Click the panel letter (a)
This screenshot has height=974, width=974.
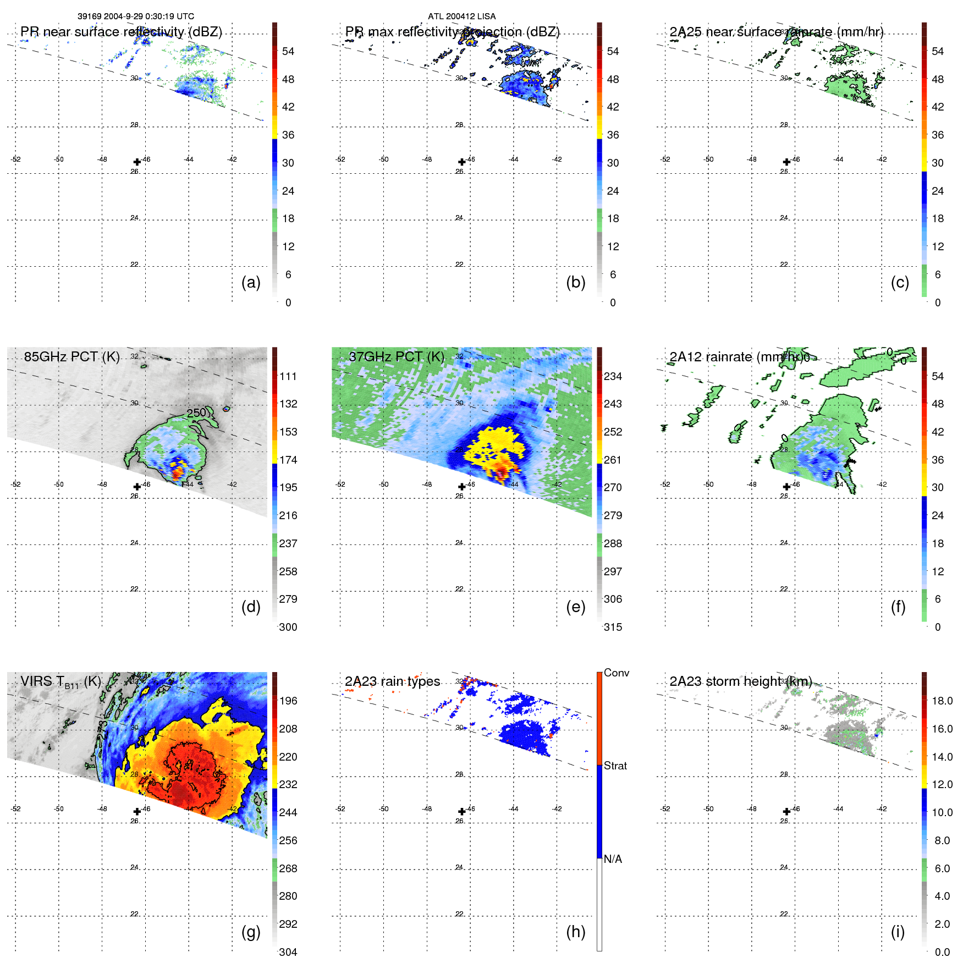click(251, 283)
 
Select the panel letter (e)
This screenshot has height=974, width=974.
click(575, 607)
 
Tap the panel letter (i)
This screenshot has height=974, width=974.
click(898, 932)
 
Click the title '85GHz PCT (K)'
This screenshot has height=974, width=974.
click(71, 357)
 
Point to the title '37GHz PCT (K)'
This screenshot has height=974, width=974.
click(396, 357)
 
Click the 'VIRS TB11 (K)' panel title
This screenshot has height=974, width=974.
click(60, 682)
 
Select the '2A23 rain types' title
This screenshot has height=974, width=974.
click(392, 682)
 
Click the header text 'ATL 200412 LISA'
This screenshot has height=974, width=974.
click(461, 16)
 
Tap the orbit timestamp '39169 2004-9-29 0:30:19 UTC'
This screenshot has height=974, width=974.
click(135, 16)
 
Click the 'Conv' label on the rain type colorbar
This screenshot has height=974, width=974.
click(616, 673)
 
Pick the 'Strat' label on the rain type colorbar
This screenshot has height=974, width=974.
click(615, 766)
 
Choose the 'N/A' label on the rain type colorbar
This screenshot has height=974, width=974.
click(613, 859)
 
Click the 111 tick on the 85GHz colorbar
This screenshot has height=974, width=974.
click(288, 377)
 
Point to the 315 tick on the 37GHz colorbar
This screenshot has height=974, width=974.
click(613, 628)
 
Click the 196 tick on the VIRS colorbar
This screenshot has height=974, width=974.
click(288, 701)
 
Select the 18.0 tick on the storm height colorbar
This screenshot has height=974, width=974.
click(942, 701)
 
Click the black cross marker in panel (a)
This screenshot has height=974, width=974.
click(137, 162)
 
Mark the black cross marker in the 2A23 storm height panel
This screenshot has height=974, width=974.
click(786, 812)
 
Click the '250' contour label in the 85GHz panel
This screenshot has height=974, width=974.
click(196, 412)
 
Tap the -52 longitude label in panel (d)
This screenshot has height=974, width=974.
click(16, 485)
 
